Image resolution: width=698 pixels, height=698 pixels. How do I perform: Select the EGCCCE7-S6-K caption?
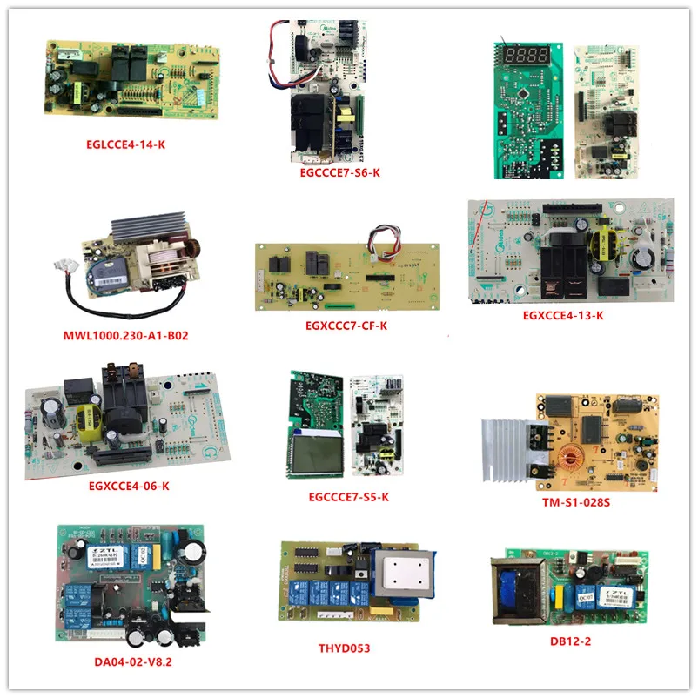tap(339, 171)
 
